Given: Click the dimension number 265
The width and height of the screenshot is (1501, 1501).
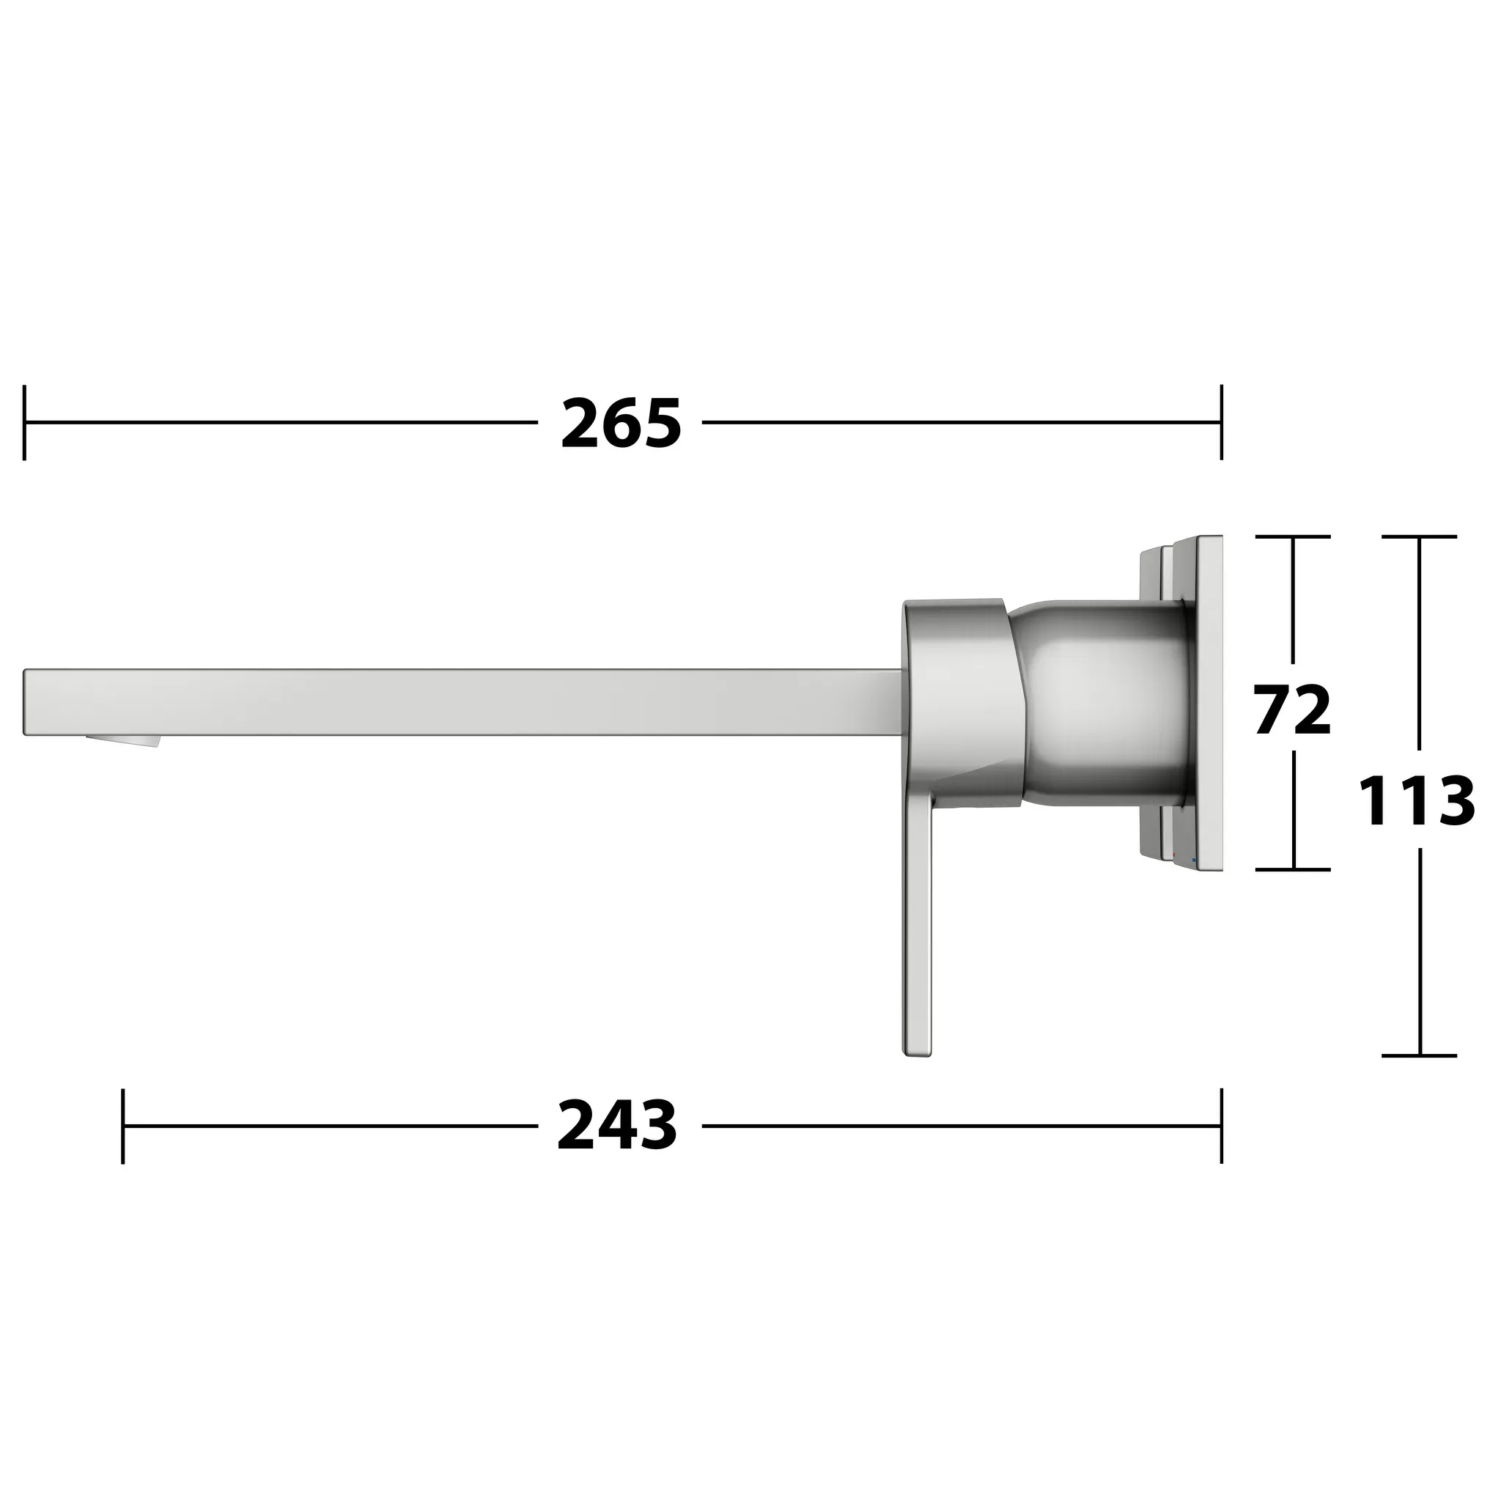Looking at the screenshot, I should [621, 424].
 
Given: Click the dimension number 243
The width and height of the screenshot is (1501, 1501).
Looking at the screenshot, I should [618, 1126].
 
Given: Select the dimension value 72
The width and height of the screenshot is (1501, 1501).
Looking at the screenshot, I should [1293, 710].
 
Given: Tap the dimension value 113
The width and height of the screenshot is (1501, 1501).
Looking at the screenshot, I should [1416, 802].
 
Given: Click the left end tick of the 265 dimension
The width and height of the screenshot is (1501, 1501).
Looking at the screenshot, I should [25, 423].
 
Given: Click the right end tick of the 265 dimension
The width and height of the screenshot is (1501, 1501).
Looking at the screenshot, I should [1221, 423].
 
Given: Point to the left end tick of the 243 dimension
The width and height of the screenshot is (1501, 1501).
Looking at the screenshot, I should [122, 1126].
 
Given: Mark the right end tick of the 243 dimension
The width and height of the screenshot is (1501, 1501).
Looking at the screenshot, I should [1221, 1126].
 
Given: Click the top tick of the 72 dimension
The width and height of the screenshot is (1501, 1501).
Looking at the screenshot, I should [1293, 536].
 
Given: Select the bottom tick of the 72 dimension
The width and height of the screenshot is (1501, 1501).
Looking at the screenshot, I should [1293, 869].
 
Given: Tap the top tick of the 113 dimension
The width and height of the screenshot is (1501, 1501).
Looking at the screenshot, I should [1419, 536].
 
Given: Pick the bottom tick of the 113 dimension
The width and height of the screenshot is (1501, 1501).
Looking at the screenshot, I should [1419, 1056].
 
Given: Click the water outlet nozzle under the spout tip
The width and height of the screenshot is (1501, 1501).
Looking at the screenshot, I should [125, 740].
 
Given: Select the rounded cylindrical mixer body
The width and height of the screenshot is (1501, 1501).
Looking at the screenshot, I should [1103, 699].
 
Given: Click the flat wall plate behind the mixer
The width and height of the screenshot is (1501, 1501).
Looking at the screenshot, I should [1209, 699].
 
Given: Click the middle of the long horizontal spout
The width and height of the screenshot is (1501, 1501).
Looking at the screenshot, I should [466, 701].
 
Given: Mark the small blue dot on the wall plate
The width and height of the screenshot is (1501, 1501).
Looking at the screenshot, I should [1194, 860].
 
